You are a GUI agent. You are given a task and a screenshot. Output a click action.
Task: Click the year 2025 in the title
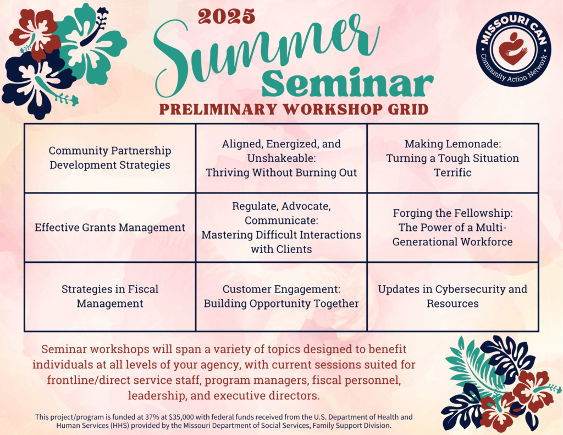coord(227,16)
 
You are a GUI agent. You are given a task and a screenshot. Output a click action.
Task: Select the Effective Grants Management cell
coord(110,227)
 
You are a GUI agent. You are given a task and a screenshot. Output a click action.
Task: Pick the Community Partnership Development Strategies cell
coord(110,158)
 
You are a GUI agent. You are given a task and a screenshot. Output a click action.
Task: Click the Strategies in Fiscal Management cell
coord(110,297)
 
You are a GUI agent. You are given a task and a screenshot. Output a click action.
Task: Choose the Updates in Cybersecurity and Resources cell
coord(453,297)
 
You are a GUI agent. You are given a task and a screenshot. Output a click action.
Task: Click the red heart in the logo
coord(514,49)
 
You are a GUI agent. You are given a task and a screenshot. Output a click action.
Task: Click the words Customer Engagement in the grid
coord(281,289)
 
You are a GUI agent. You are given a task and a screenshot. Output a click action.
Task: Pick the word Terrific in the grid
coord(453,173)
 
